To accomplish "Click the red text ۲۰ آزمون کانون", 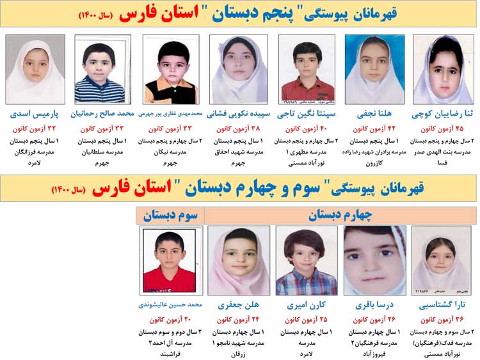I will click(170, 319).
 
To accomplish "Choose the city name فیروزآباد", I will click(374, 352).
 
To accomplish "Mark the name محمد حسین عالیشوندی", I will click(170, 305).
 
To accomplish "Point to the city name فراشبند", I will click(170, 352).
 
